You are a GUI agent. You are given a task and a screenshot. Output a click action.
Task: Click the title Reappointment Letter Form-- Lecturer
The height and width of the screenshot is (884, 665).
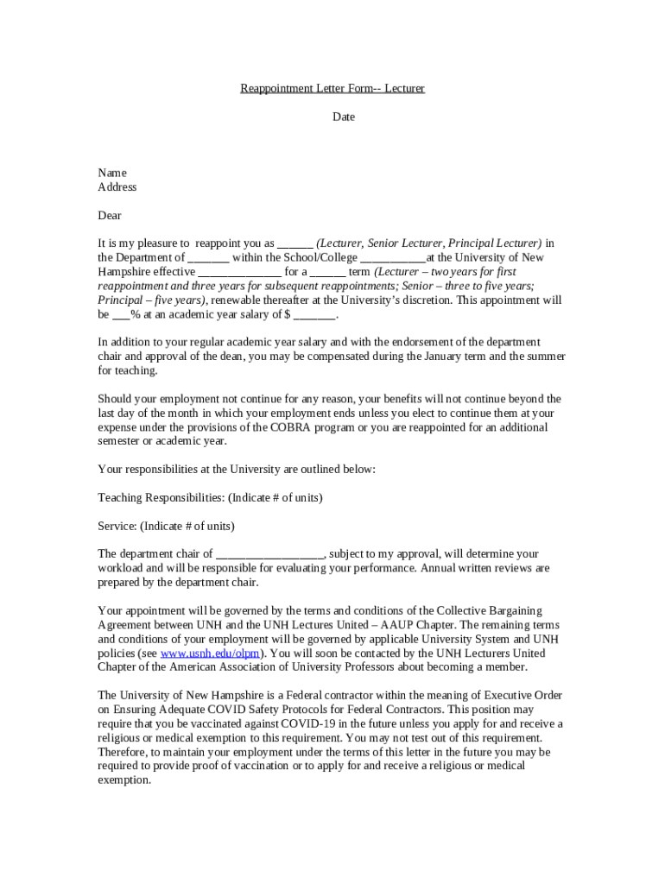(332, 89)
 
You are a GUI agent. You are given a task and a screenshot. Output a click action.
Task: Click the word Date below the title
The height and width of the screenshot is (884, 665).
(344, 117)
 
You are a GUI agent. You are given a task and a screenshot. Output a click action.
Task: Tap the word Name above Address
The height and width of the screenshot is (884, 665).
(112, 173)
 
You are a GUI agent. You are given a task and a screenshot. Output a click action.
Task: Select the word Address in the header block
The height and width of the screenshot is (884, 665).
(117, 186)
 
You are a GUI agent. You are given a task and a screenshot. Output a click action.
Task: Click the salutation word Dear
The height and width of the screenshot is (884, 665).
(110, 215)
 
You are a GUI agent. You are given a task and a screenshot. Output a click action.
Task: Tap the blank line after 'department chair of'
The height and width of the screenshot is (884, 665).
(269, 553)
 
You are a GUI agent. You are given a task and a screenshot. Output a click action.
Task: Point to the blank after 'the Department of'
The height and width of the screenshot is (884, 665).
(208, 257)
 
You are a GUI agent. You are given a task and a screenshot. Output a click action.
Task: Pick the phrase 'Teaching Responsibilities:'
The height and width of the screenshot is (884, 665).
(161, 497)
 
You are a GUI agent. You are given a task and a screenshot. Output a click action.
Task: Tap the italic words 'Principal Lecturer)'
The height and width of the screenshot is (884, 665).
(495, 243)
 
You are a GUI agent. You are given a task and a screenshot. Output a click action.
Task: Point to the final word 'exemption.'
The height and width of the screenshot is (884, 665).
(124, 780)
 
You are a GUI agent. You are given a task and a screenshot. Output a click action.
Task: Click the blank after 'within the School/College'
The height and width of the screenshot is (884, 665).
(393, 257)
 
